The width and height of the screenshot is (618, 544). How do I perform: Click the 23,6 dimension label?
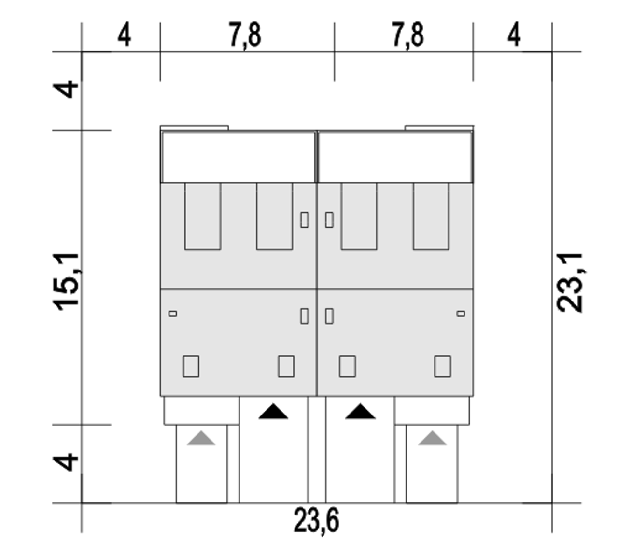(x=316, y=520)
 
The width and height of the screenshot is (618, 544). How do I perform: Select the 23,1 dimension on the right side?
(x=569, y=283)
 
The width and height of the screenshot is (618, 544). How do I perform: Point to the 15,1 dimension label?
(x=66, y=282)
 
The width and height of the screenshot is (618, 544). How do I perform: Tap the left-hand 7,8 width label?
(x=245, y=34)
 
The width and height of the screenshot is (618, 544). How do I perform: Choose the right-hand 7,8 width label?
(x=408, y=34)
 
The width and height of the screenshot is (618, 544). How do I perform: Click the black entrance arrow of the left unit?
(x=273, y=411)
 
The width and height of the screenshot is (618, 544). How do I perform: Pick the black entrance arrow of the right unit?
(x=360, y=411)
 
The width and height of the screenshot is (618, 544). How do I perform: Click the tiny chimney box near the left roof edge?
(x=173, y=314)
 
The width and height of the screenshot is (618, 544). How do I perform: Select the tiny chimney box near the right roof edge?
(x=461, y=314)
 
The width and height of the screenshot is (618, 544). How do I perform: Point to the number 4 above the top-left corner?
(x=125, y=34)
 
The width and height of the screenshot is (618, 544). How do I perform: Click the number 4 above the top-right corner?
(x=514, y=34)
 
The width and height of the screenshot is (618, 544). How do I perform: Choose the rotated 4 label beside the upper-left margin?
(x=66, y=89)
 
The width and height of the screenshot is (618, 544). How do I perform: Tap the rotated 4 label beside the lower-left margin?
(x=66, y=462)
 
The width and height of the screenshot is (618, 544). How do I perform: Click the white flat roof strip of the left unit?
(x=238, y=157)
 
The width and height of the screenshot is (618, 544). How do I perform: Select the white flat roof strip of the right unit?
(x=395, y=157)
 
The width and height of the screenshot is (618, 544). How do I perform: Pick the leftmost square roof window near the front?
(x=191, y=366)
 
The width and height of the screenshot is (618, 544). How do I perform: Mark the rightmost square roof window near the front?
(x=443, y=366)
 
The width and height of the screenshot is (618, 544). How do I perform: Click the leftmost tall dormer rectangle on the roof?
(x=203, y=216)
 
